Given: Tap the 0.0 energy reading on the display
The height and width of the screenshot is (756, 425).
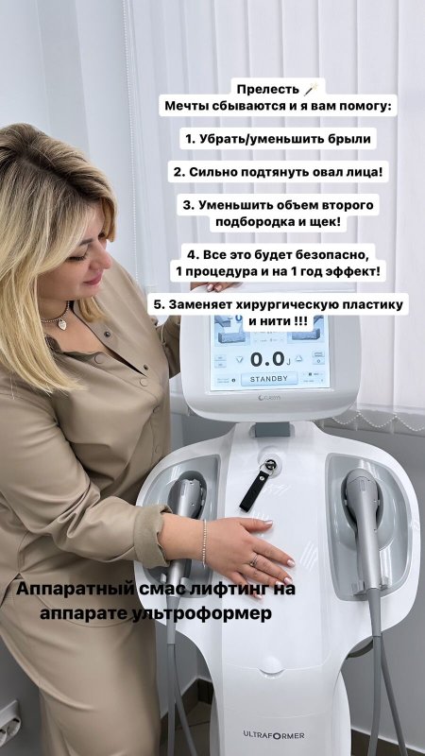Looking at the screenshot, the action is click(268, 359).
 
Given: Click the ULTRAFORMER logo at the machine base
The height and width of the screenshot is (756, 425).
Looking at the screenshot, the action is click(274, 735).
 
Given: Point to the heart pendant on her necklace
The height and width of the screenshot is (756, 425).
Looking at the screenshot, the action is click(62, 323).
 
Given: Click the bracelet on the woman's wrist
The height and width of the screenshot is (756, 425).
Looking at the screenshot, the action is click(204, 542).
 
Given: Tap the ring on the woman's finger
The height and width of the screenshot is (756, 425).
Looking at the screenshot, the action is click(254, 559).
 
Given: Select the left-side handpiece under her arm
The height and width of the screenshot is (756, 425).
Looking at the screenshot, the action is click(185, 525).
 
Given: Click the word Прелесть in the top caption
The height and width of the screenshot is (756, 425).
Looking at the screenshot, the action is click(268, 90).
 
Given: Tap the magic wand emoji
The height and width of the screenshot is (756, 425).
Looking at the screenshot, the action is click(312, 89).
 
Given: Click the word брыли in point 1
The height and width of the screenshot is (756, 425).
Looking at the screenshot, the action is click(353, 139).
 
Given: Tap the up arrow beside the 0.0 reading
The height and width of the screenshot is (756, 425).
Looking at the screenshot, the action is click(298, 359).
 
